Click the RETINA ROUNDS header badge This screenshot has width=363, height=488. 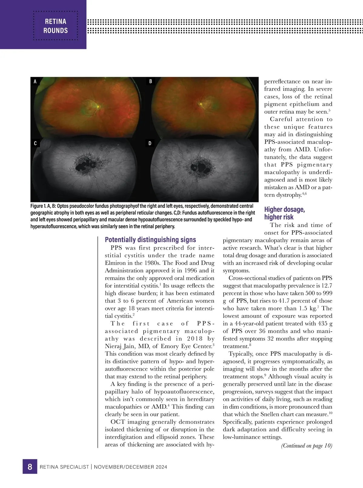tap(56, 26)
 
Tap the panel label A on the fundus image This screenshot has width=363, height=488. tap(35, 82)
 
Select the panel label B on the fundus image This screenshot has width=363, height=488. tap(150, 81)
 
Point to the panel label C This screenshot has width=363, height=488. tap(35, 143)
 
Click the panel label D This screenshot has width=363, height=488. tap(150, 143)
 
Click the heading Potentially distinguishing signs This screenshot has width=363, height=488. tap(150, 240)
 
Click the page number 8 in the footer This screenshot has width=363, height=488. tap(30, 467)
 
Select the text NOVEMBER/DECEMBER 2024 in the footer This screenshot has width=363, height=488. tap(130, 467)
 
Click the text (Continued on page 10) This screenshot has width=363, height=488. tap(306, 446)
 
